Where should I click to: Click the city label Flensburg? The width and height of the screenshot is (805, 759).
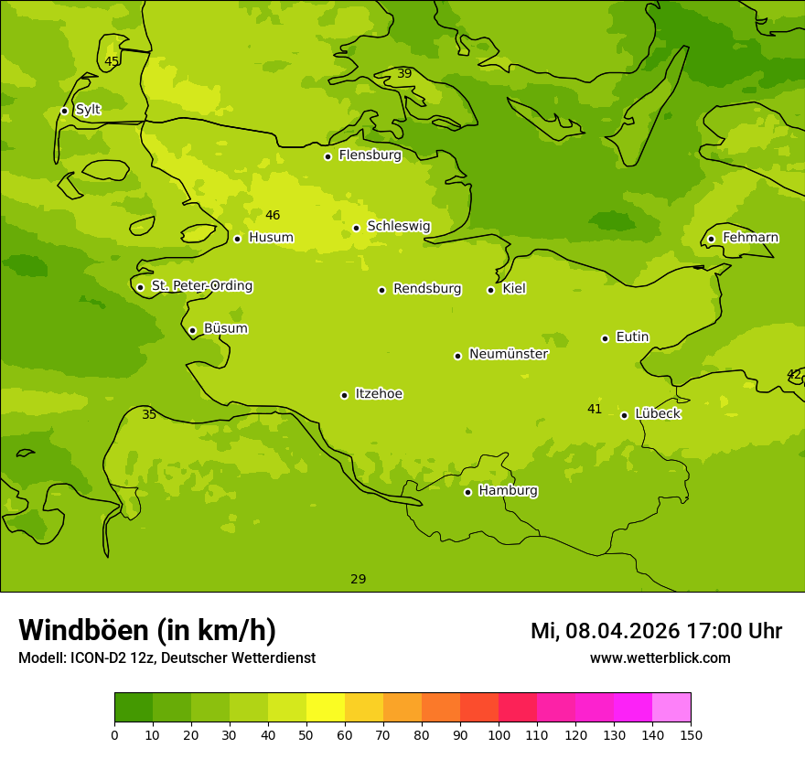click(370, 155)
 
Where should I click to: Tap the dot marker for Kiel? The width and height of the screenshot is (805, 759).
click(490, 290)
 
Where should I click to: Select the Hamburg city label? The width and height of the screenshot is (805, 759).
click(508, 491)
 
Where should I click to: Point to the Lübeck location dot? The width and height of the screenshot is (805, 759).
click(624, 415)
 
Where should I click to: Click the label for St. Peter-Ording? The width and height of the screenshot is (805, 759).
click(201, 286)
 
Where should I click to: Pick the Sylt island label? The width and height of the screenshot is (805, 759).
click(88, 110)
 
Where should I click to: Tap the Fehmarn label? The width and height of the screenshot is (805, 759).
click(750, 238)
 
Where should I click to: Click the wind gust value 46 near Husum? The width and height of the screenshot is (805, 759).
click(273, 216)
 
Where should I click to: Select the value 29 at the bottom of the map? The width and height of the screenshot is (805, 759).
click(359, 579)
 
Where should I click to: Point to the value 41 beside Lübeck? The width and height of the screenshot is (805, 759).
click(595, 410)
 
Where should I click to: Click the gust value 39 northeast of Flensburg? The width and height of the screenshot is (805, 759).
click(404, 74)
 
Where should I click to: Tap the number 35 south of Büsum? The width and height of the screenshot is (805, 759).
click(149, 415)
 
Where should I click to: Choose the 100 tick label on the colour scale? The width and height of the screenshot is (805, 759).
click(499, 734)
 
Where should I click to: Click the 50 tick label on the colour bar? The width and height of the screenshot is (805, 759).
click(306, 734)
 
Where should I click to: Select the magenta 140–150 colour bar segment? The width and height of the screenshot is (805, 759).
click(671, 708)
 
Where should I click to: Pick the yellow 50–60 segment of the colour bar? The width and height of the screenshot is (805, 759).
click(326, 708)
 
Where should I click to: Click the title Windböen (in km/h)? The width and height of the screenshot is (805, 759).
click(147, 630)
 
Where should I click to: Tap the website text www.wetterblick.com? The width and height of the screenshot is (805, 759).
click(660, 658)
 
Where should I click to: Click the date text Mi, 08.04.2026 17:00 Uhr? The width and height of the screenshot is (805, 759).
click(656, 631)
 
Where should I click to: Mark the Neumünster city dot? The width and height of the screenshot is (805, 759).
click(457, 356)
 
